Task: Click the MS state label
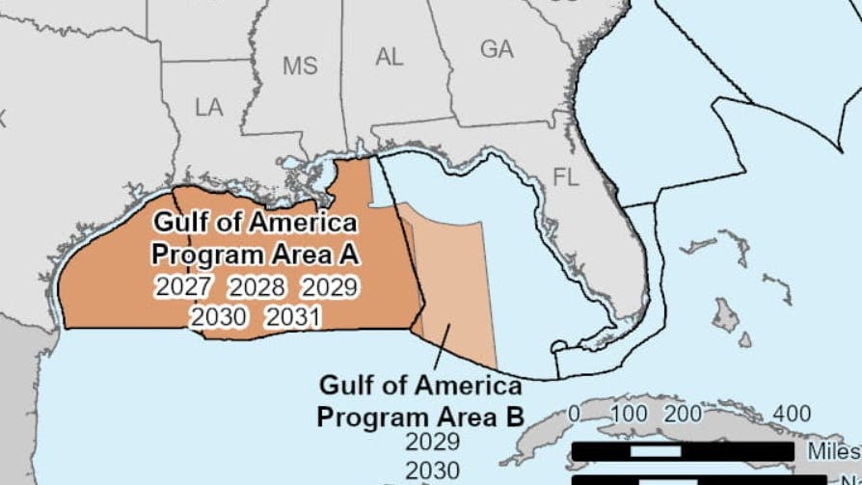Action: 300,67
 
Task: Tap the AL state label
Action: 389,57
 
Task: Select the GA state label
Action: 497,49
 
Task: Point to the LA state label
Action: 208,107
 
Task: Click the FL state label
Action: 567,176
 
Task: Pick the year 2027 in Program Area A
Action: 183,286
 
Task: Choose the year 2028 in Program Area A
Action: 256,286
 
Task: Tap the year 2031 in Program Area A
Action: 293,316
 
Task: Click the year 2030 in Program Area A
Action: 219,316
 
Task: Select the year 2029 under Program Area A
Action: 330,286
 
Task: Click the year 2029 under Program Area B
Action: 433,444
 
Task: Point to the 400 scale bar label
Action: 792,414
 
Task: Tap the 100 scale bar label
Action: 630,414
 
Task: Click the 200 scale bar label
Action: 683,414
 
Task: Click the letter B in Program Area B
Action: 516,418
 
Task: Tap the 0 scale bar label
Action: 576,414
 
